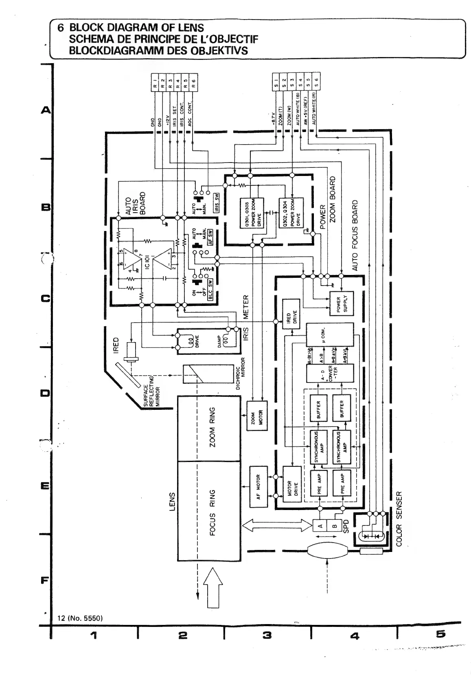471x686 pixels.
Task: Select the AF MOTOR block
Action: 258,487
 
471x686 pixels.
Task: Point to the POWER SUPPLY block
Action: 342,304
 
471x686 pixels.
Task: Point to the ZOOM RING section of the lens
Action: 209,428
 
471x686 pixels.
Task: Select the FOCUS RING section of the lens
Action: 209,511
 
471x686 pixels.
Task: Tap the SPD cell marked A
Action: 320,526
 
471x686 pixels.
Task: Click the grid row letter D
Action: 44,394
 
